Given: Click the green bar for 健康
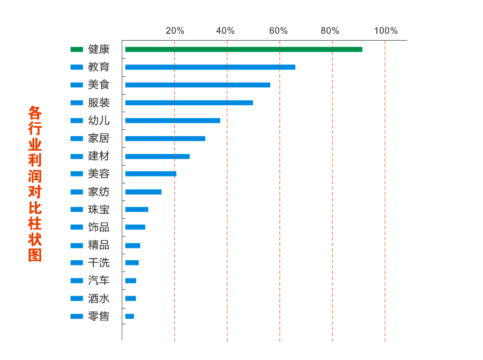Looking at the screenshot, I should pos(243,49).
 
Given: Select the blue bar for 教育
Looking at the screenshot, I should pos(210,67).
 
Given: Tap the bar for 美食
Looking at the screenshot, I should pos(197,85).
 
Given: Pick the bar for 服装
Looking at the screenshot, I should pos(189,102).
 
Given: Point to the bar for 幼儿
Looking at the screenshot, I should pos(173,121).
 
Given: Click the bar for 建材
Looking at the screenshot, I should pos(157,157).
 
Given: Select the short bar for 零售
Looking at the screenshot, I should pos(130,317).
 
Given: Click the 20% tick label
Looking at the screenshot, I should pos(175,31).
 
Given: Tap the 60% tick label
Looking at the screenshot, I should pos(278,31).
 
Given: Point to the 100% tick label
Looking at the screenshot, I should pos(386,31).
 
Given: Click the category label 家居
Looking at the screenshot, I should pos(99,138).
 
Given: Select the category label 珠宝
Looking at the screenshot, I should pos(99,210).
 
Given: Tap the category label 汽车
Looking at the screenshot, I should pos(99,281).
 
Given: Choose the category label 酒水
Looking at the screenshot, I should pos(99,298).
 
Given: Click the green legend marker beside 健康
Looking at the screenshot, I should pos(77,49).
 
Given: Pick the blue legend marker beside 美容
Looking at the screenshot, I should pos(77,174).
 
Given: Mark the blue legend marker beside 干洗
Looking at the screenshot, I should pos(77,263).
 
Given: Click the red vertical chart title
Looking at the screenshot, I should pos(35,183).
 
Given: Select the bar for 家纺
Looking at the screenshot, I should pos(143,192).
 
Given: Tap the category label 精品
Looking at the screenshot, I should pos(99,245).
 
